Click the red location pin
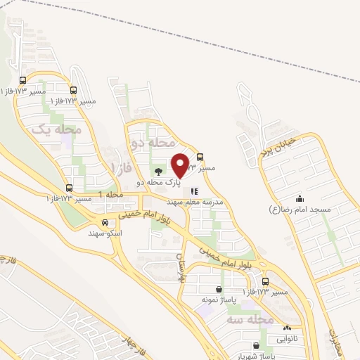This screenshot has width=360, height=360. tap(180, 165)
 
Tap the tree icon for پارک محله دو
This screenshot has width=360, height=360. tap(157, 171)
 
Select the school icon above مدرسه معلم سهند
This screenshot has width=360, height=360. tap(195, 191)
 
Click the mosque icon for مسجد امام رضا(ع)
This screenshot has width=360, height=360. tap(300, 198)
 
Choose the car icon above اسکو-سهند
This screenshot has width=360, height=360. tap(105, 221)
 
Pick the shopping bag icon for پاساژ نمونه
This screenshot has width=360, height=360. tap(219, 289)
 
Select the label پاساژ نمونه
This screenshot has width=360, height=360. tap(217, 300)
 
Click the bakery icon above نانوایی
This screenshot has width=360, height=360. tap(287, 327)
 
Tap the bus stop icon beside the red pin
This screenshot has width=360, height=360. tap(200, 157)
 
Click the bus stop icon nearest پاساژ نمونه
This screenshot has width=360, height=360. tap(264, 281)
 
